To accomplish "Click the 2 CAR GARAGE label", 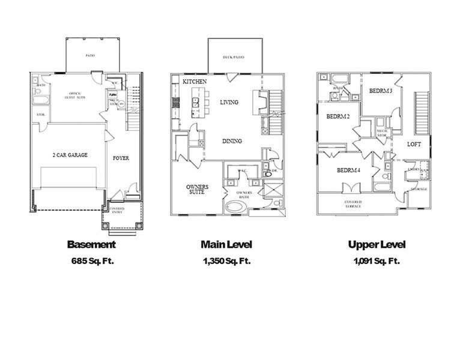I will pos(69,155).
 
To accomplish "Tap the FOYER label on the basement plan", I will pos(121,158).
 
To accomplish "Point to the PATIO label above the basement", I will pos(89,55).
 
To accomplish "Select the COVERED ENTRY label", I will pos(116,211).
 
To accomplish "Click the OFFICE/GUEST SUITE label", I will pos(74,95).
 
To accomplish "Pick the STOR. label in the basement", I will pos(41,114).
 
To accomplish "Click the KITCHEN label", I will pos(195,81).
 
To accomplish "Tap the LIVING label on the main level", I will pos(228,102).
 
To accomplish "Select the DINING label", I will pos(232,141).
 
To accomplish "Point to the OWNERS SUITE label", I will pos(197,190).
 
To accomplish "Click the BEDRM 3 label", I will pos(380,91).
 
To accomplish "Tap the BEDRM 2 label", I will pos(338,116).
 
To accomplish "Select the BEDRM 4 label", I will pos(348,170).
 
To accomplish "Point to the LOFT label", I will pos(414,144).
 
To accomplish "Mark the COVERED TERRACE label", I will pos(353,204).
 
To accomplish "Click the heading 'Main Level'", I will pos(226,244).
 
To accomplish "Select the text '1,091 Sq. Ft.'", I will pos(377,261).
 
